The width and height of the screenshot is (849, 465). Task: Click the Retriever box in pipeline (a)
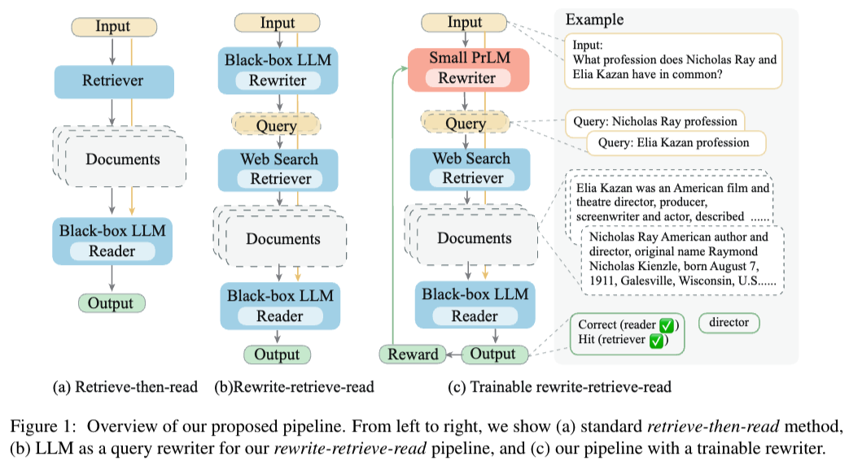click(113, 80)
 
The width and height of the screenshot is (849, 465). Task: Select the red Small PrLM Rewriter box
click(466, 68)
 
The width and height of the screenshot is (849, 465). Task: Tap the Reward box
click(412, 354)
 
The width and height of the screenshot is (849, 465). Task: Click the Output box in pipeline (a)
click(111, 303)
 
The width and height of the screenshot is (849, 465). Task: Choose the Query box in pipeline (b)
click(277, 126)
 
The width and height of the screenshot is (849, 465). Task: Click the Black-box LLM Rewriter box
click(278, 68)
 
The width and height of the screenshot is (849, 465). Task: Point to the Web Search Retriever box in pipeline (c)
click(471, 168)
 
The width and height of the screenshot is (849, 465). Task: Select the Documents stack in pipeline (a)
click(121, 159)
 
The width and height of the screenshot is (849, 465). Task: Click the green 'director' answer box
click(729, 323)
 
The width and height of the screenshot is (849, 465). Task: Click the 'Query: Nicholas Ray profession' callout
click(655, 121)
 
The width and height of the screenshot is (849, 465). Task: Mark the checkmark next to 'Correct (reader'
click(666, 325)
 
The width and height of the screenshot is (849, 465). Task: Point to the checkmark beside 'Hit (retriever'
click(655, 341)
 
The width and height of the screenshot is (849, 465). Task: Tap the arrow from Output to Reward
click(452, 354)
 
